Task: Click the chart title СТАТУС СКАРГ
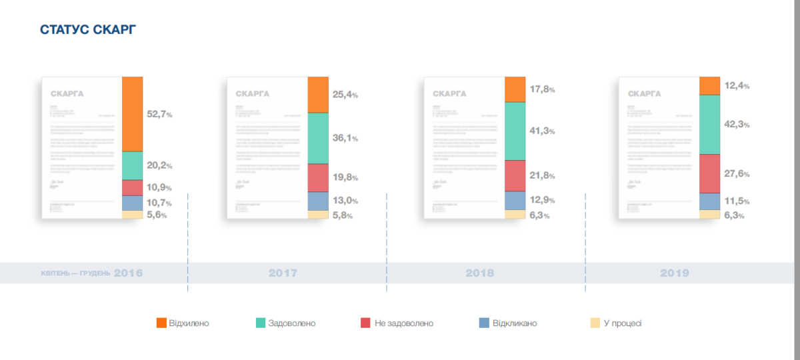coord(89,30)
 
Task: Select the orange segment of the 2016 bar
coord(133,113)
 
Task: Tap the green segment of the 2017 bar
coord(318,138)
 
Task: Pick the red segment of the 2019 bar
coord(709,173)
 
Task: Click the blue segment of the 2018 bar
coord(515,200)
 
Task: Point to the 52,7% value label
coord(159,115)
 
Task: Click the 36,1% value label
coord(345,139)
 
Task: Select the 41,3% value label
coord(542,131)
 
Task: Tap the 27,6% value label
coord(737,174)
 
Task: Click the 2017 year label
coord(283,273)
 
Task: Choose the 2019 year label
coord(675,273)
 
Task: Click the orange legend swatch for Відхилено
coord(161,323)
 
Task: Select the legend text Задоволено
coord(292,323)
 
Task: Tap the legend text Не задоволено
coord(404,323)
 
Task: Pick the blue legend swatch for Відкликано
coord(485,323)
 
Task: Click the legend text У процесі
coord(623,323)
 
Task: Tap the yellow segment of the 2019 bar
coord(709,214)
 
